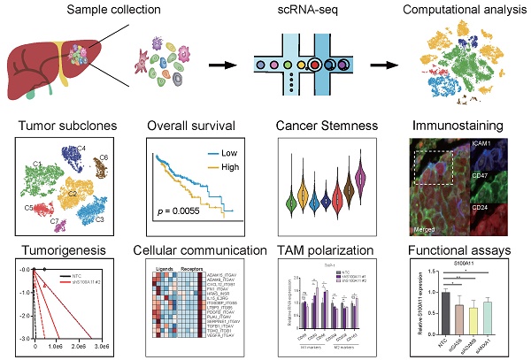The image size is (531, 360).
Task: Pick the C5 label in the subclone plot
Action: pyautogui.click(x=30, y=208)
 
